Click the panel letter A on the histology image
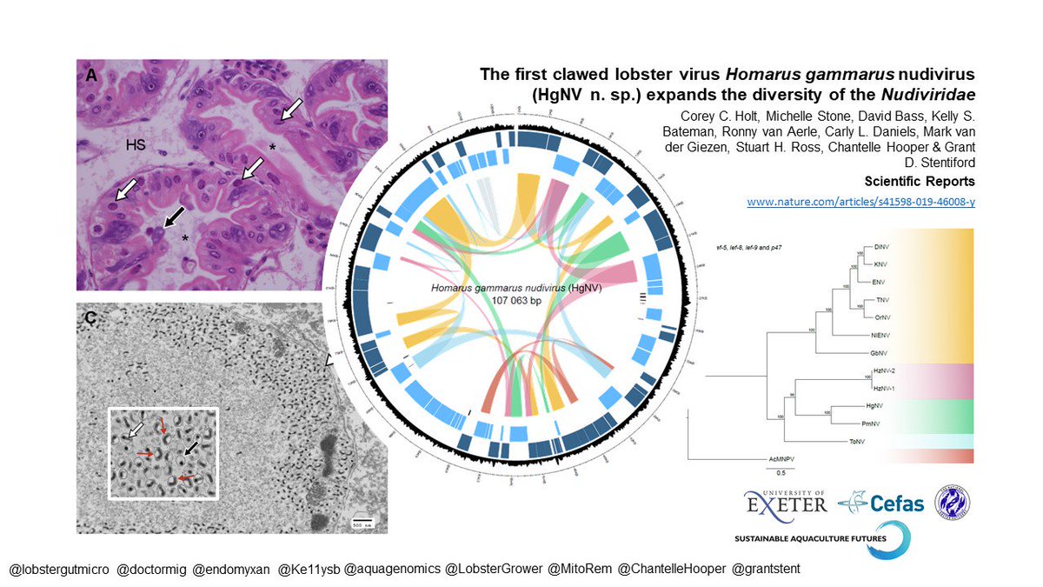point(90,77)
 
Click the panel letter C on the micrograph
point(90,319)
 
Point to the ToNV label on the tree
point(880,442)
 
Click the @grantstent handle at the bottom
point(767,569)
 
